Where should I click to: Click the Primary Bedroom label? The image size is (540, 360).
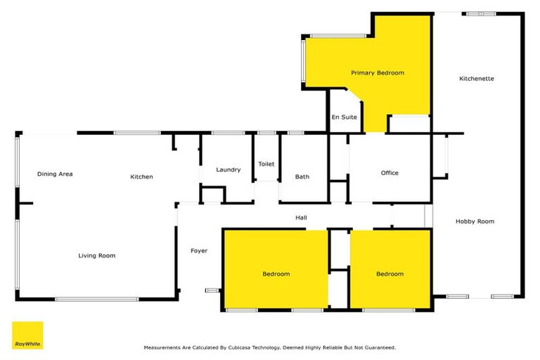point(378,72)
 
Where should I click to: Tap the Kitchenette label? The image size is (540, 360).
point(476,79)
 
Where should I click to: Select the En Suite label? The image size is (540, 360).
point(344,117)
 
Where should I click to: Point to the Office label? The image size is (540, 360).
point(390,173)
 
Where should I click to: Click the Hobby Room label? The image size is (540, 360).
point(475,221)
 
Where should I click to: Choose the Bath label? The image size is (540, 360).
point(302,177)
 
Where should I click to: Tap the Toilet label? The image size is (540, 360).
point(266,164)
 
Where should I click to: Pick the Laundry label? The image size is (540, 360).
point(229,169)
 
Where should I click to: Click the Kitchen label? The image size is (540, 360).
point(141,176)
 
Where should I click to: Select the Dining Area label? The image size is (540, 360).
point(55,174)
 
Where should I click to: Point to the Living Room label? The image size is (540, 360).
point(96,255)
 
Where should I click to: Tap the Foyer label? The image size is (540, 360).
point(199,250)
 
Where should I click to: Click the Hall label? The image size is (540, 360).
point(301,218)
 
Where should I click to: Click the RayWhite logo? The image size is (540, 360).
point(27,335)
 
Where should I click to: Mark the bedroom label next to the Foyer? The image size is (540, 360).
point(276,274)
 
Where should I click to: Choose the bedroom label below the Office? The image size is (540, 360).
point(390,274)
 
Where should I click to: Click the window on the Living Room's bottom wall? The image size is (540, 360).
point(96,299)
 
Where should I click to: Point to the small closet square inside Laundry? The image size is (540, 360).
point(212,194)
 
